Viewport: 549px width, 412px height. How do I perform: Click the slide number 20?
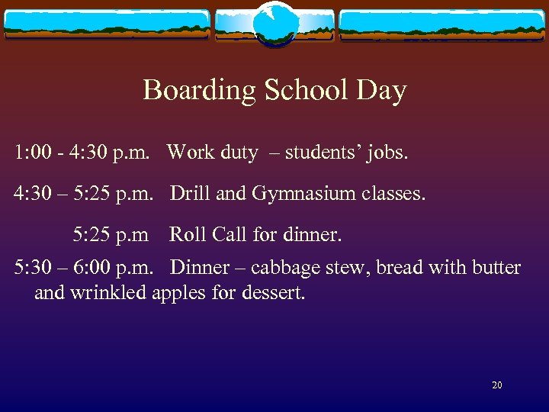coord(497,385)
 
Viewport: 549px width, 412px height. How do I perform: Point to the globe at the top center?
coord(274,23)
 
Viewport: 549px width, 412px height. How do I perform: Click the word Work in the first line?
coord(191,153)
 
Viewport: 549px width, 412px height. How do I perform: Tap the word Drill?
coord(190,194)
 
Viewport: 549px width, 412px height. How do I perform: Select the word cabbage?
coord(283,268)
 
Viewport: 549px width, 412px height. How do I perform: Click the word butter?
coord(495,268)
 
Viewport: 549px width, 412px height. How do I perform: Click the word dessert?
coord(271,292)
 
